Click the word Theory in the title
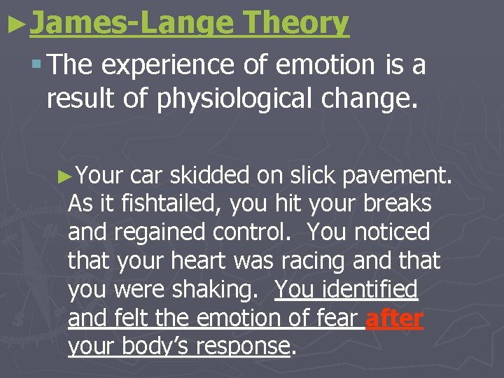tap(295, 22)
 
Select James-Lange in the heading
tap(131, 22)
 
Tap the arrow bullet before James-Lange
tap(15, 21)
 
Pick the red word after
tap(394, 318)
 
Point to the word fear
tap(337, 318)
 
